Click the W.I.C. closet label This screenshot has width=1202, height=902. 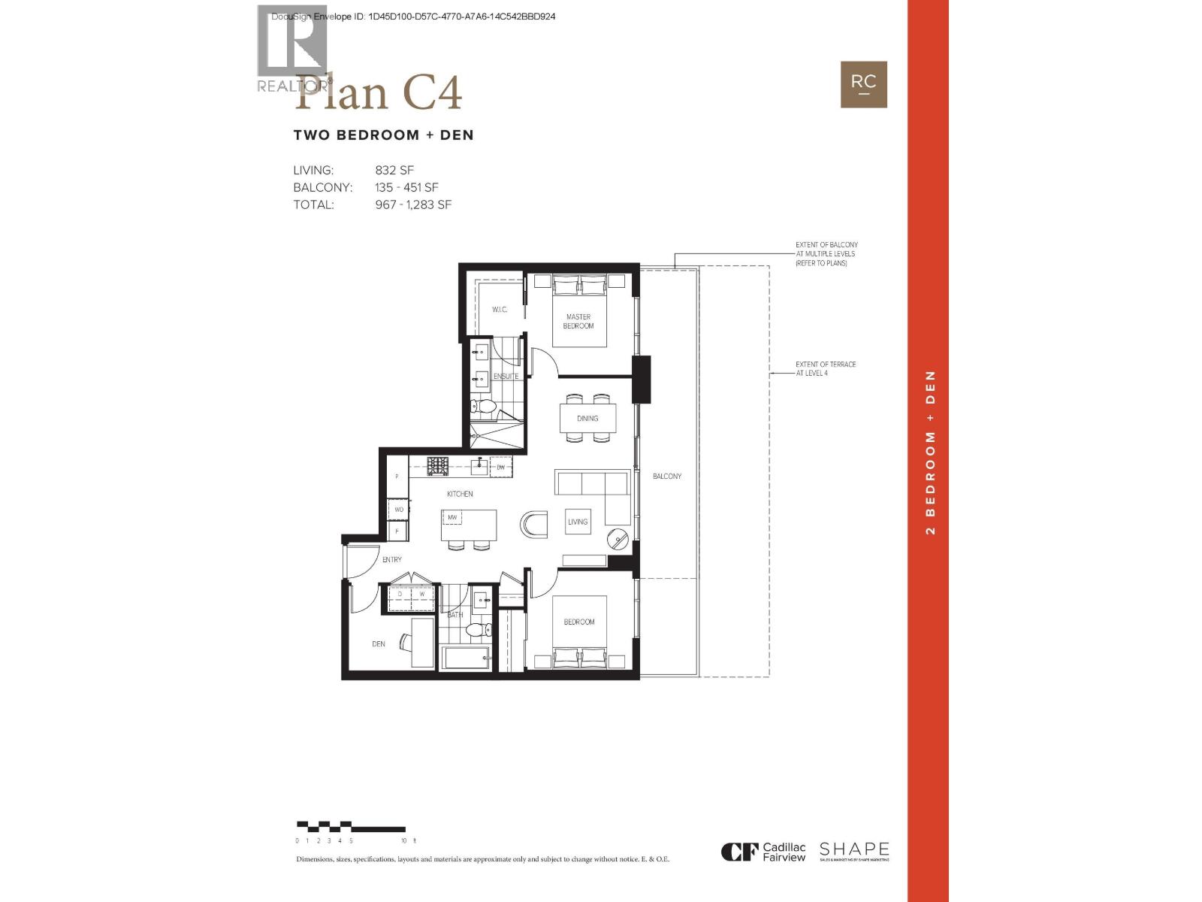click(x=500, y=310)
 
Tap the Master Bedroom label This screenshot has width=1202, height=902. click(x=578, y=321)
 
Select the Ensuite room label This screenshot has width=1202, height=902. click(x=506, y=376)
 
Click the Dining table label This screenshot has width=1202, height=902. click(x=587, y=418)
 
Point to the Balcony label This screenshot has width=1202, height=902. click(x=666, y=477)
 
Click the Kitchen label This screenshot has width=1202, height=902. click(x=460, y=494)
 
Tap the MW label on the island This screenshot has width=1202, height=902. click(x=452, y=517)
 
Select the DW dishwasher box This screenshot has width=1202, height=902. click(x=500, y=467)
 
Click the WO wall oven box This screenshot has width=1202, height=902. click(x=399, y=510)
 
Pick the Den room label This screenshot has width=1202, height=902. click(x=379, y=643)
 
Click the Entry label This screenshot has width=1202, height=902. click(x=391, y=559)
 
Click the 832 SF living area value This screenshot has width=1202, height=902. click(x=394, y=171)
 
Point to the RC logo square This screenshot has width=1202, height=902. click(x=863, y=84)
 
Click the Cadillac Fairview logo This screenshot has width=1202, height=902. click(x=763, y=852)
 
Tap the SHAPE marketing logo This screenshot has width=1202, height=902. click(x=854, y=851)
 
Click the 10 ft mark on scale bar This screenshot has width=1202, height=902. click(x=404, y=840)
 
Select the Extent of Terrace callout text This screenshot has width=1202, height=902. click(x=826, y=368)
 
